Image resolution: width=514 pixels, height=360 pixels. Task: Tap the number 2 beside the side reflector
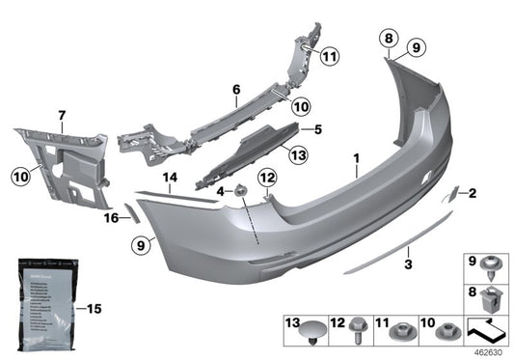[473, 193]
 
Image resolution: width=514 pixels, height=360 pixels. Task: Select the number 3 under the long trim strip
[408, 263]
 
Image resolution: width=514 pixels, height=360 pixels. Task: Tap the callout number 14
[172, 177]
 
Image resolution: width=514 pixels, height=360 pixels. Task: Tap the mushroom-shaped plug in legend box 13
[310, 335]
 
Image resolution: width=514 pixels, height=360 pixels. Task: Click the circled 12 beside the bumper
[267, 176]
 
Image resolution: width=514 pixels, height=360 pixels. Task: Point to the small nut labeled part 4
[242, 189]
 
